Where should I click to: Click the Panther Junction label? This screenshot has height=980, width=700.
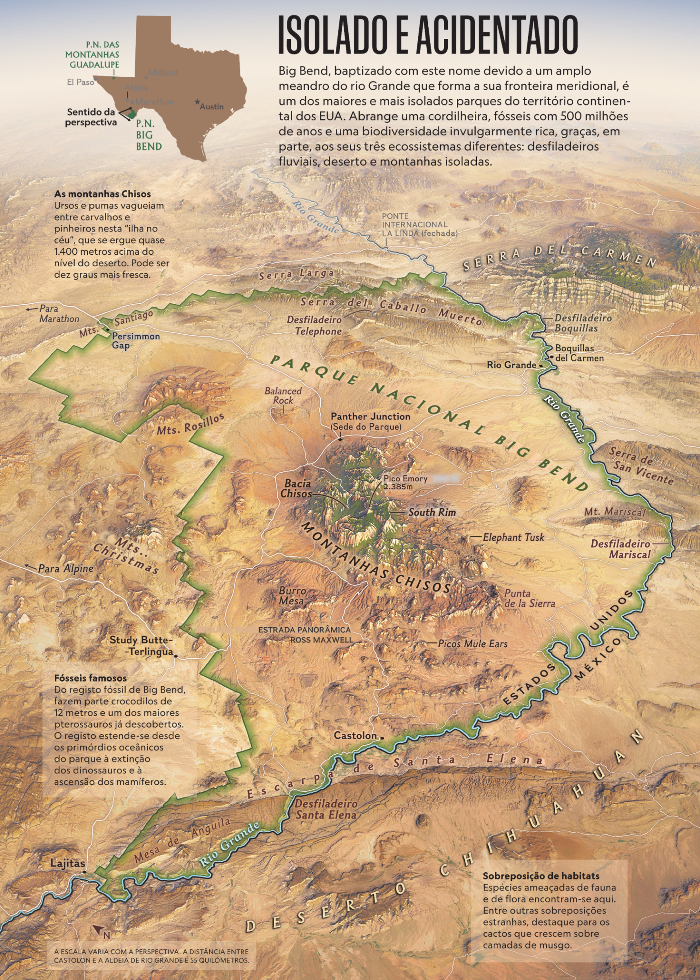pos(370,416)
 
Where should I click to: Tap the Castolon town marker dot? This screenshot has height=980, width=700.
pos(382,738)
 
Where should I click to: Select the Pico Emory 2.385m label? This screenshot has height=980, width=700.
pos(405,482)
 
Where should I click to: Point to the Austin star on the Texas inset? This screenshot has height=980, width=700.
pos(197,102)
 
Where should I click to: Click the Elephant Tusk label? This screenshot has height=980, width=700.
pos(513,537)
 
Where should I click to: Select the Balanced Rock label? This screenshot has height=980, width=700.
pos(283,395)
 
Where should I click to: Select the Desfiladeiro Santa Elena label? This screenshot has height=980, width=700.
pos(326,809)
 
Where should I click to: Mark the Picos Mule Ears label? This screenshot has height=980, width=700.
pos(472,644)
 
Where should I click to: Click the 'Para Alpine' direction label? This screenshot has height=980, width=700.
pos(66,568)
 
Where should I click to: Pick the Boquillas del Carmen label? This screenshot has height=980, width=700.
pos(579,353)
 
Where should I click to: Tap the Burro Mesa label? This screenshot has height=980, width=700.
pos(292,596)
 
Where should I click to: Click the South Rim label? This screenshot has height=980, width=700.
pos(432,512)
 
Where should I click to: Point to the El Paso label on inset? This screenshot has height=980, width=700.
pos(80,82)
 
